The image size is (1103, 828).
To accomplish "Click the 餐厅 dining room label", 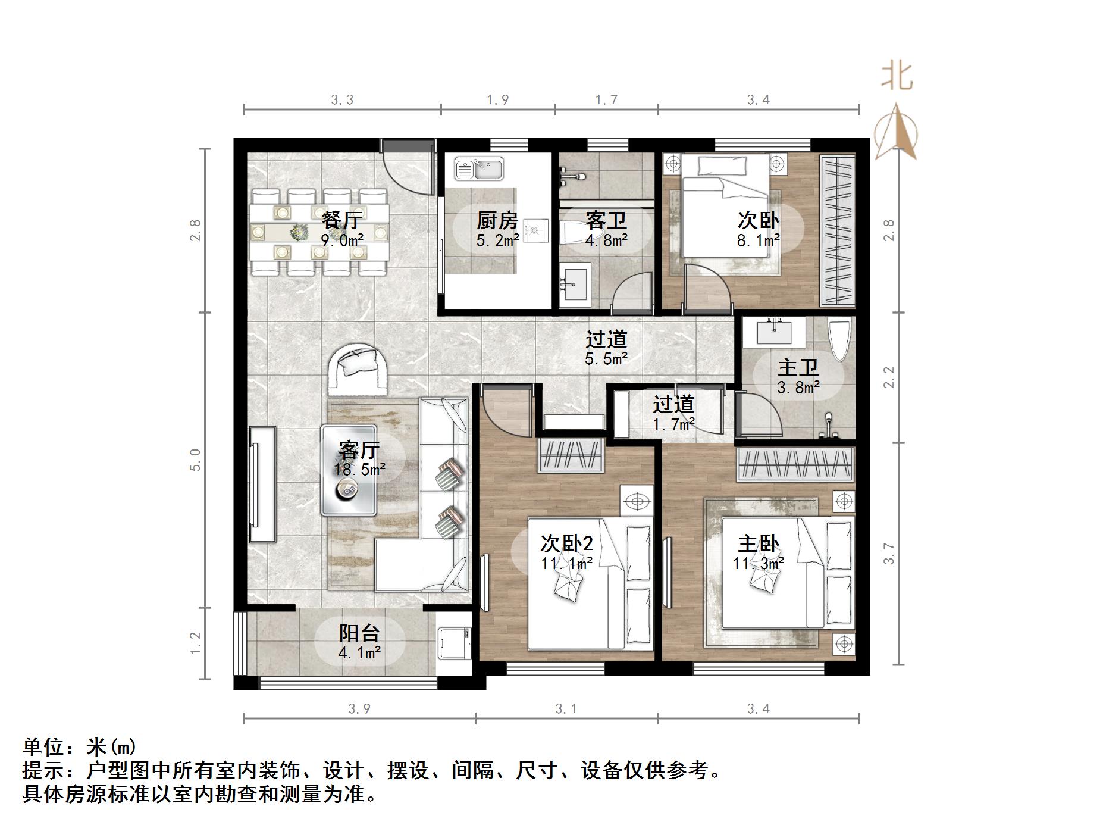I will (x=341, y=221).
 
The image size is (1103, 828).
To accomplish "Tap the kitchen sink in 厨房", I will (x=479, y=168).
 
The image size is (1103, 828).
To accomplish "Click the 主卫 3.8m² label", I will (x=798, y=376).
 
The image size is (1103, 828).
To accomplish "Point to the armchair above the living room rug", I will (x=359, y=369).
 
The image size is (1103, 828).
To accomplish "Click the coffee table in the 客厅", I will (x=348, y=470).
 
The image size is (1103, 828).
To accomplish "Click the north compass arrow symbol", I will (x=895, y=132).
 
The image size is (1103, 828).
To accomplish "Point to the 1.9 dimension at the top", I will (x=497, y=100).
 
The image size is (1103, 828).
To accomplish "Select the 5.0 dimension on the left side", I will (x=195, y=460).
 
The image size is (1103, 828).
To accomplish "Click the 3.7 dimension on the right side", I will (x=889, y=554).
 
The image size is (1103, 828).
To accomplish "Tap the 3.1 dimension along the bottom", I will (x=566, y=708).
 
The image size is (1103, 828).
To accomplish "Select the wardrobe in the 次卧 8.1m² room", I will (x=838, y=230).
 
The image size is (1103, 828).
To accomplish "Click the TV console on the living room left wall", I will (x=262, y=484).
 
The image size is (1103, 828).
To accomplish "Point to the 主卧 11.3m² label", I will (x=758, y=552).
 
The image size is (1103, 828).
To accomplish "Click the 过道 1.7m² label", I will (x=673, y=413).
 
